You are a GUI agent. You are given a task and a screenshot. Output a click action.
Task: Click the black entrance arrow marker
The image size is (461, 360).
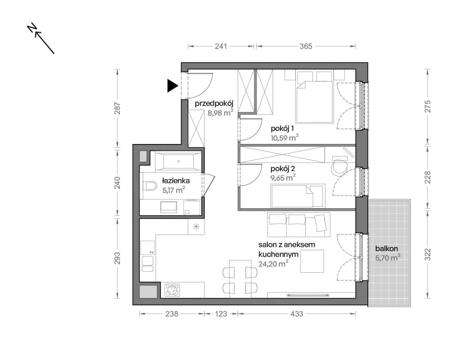click(x=172, y=85)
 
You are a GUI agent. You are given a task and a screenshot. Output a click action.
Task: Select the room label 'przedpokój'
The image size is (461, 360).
click(x=214, y=104)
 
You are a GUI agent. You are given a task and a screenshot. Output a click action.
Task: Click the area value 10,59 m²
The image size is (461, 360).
click(x=285, y=138)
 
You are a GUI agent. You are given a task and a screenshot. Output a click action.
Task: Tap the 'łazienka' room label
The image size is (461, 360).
click(x=176, y=181)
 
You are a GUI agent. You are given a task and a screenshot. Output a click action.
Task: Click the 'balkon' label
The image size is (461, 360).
click(x=386, y=248)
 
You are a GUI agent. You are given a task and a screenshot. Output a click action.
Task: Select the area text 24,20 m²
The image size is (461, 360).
click(x=273, y=264)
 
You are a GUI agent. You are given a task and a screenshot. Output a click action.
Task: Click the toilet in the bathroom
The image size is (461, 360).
click(x=150, y=186)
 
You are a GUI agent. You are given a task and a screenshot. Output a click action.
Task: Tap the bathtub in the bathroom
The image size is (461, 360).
click(x=178, y=161)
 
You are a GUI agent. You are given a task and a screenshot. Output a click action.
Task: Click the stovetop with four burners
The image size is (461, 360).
click(x=172, y=290)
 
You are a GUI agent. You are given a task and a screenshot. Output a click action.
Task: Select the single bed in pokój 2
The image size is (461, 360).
click(x=298, y=196)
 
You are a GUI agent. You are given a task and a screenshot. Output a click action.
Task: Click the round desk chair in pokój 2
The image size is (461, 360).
click(x=339, y=168)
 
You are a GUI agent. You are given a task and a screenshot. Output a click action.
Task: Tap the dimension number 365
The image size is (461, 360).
click(x=306, y=46)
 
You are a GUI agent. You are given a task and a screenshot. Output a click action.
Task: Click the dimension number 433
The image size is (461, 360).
click(x=297, y=314)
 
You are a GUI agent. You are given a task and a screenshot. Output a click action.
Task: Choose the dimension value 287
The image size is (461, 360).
click(x=117, y=108)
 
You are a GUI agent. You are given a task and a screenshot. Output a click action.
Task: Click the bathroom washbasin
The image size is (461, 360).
click(x=169, y=207)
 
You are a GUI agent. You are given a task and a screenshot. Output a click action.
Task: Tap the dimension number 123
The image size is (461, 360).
click(x=221, y=314)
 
